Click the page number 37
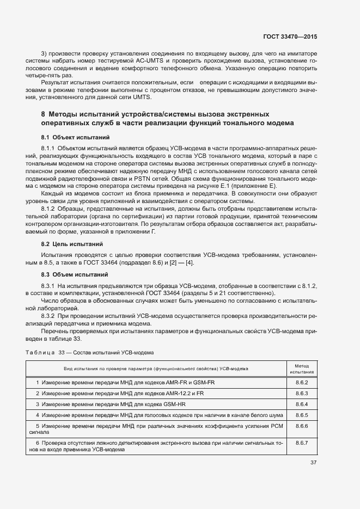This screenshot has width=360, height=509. coord(313,463)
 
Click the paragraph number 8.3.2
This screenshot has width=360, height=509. coord(48,315)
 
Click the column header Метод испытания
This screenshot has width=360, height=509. coord(301,369)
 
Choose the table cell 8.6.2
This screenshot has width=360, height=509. coord(301,383)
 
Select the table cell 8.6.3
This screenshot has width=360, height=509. coord(301,393)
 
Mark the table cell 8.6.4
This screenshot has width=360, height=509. coord(301,404)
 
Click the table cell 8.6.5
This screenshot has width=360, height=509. coord(301,415)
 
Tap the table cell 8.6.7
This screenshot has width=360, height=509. coord(301,443)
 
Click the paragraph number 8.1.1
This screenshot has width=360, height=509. coord(48,148)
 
